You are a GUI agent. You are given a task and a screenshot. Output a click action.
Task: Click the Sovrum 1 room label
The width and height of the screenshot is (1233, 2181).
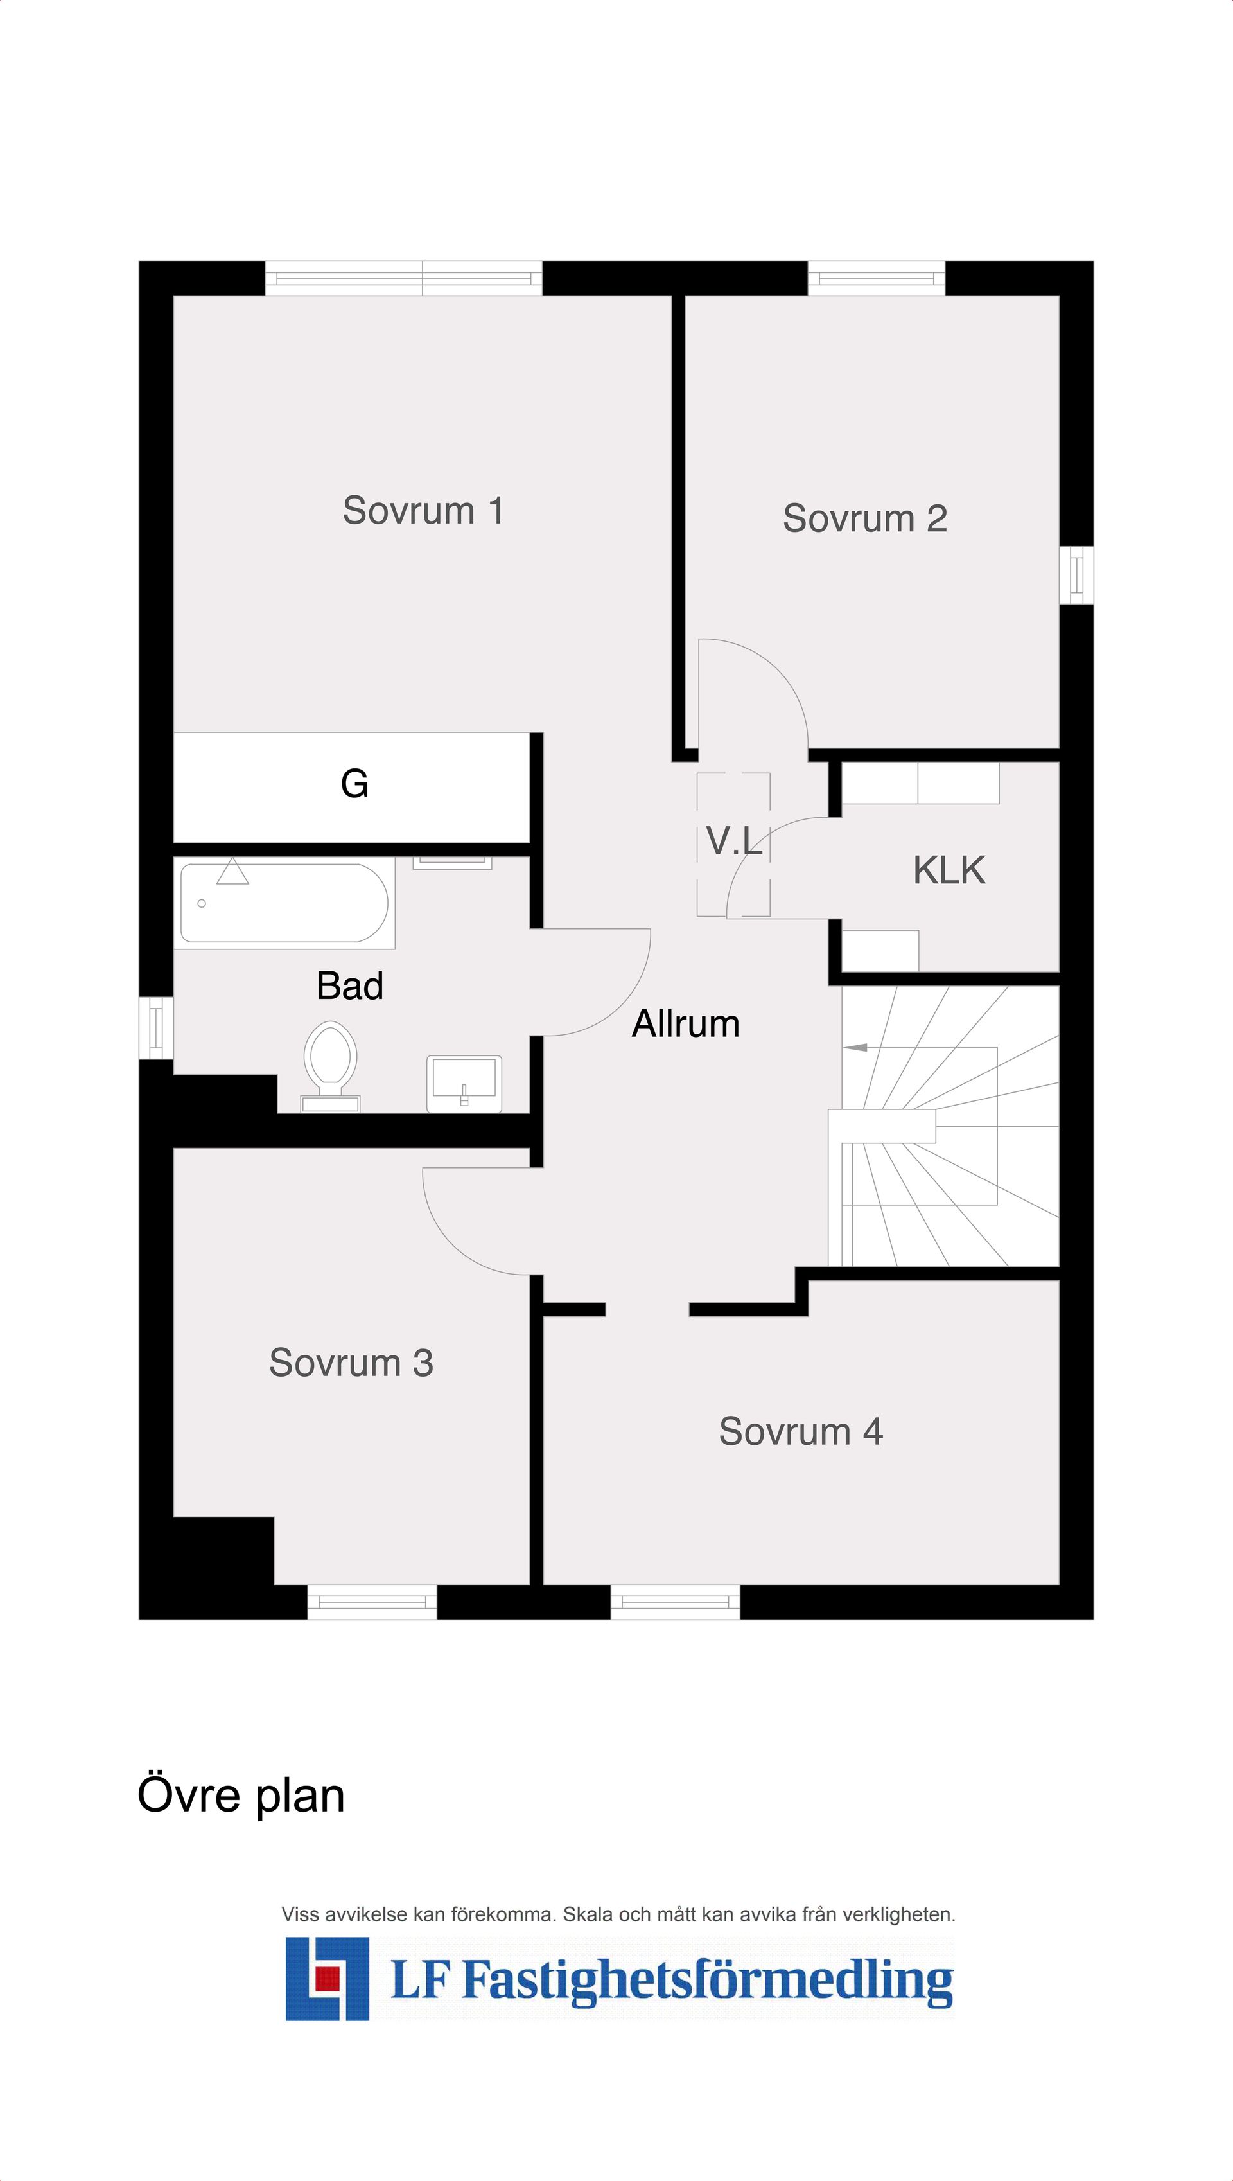pos(423,511)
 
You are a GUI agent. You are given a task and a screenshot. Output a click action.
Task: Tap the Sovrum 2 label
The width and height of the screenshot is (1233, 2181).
pos(864,518)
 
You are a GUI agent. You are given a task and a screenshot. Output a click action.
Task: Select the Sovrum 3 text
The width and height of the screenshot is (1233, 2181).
pos(351,1363)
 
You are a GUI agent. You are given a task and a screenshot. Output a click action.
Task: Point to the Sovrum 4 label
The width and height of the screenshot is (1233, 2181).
pos(800,1431)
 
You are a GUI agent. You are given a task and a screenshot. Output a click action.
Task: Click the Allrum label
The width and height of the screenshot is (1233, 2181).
pos(686,1023)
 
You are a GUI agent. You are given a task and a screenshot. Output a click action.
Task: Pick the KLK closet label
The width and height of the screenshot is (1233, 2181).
pos(949,870)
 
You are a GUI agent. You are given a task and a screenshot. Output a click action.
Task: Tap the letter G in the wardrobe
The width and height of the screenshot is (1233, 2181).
pos(354,784)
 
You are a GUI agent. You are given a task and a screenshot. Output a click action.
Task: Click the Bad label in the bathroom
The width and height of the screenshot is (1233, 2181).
pos(350,986)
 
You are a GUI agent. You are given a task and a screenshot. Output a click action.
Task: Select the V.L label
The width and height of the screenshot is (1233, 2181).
pos(734,840)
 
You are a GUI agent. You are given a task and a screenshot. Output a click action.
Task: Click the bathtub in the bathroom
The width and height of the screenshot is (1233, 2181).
pos(284,903)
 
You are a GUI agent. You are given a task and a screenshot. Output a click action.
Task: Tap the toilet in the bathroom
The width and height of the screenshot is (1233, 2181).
pos(330,1066)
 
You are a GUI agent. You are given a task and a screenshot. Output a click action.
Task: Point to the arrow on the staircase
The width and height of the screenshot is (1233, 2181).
pos(855,1048)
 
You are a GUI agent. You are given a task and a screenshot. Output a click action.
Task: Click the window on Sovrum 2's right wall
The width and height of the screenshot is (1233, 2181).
pos(1076,575)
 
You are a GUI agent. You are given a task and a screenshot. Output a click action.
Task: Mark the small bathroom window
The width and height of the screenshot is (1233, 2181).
pos(156,1027)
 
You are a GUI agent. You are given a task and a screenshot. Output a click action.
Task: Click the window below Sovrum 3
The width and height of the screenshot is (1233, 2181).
pos(372,1602)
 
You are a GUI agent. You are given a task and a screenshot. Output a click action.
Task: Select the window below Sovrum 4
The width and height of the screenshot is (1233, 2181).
pos(675,1602)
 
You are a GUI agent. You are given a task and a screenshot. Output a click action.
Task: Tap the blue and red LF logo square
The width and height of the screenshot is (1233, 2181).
pos(327,1979)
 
